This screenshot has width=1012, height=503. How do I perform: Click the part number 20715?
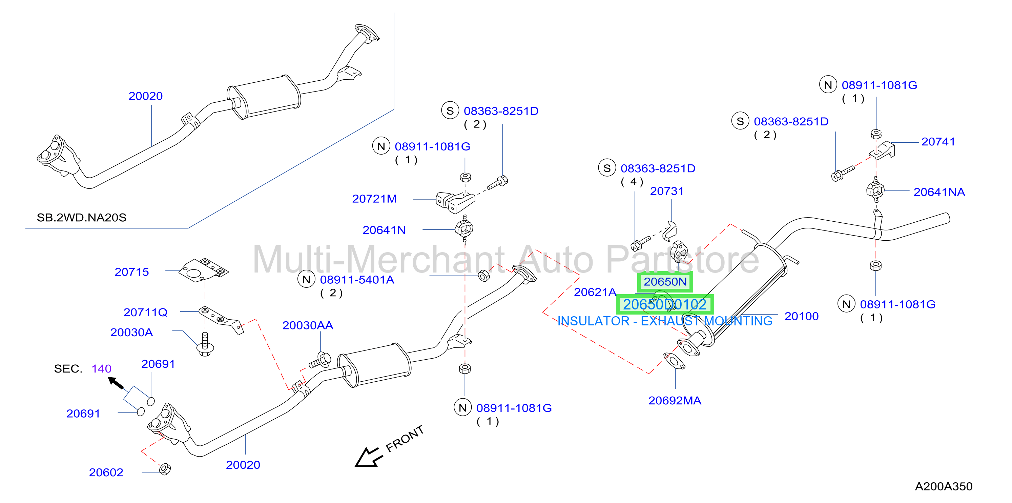(131, 272)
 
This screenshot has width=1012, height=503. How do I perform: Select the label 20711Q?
(145, 313)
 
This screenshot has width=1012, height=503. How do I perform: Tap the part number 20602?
(106, 472)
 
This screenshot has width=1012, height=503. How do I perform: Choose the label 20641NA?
(939, 192)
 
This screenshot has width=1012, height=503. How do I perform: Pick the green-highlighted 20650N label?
(665, 282)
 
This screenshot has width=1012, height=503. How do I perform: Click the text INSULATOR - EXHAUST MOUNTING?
(665, 321)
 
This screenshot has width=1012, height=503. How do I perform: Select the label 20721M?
(374, 199)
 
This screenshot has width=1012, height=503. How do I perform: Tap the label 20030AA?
(308, 325)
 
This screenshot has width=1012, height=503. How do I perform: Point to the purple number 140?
(101, 368)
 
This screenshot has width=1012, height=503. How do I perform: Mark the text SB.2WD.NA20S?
(81, 218)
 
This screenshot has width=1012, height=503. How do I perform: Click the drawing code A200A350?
(944, 486)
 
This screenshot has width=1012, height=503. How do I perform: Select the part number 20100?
(801, 316)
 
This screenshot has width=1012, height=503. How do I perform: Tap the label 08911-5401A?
(357, 280)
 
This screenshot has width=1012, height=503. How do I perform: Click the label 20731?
(667, 192)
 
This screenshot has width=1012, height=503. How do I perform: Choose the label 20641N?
(384, 230)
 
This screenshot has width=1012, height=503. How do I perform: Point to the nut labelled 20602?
(165, 469)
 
